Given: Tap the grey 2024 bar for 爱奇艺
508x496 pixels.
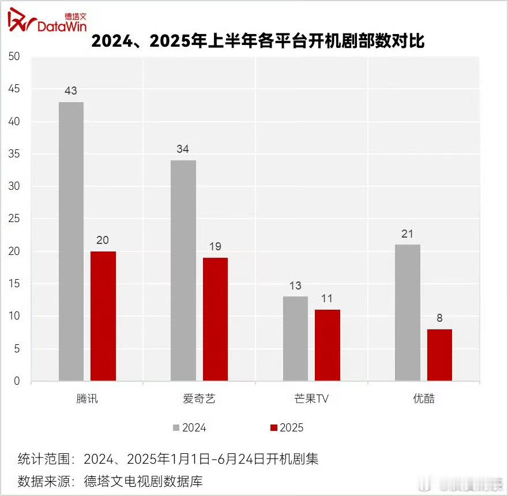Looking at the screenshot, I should (x=183, y=270).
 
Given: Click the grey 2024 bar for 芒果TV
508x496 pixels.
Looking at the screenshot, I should (x=295, y=339).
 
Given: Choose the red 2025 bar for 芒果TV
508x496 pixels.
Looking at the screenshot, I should (x=328, y=345).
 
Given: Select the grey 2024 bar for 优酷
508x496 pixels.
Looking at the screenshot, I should (x=408, y=313).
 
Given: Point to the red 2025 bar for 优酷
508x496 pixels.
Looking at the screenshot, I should (x=439, y=355).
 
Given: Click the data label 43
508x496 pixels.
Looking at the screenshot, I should (x=71, y=91).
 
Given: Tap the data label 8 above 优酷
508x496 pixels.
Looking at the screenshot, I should (x=439, y=318).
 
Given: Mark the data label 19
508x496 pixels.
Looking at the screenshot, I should (x=215, y=246).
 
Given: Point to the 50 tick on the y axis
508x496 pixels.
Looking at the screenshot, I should (x=14, y=57).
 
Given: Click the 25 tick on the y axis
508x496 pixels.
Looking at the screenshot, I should (x=14, y=219).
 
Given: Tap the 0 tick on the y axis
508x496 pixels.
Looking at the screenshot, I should (x=17, y=381).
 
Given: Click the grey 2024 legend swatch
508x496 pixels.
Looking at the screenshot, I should (x=176, y=428).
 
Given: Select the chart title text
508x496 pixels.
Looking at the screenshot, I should (x=258, y=41).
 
